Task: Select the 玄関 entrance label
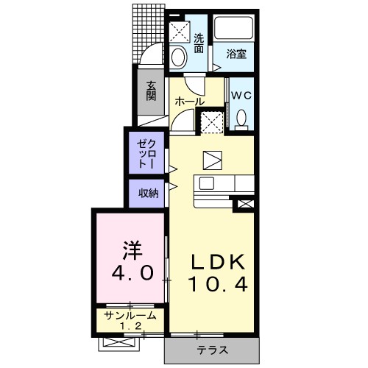tap(150, 91)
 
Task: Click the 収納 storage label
tap(149, 194)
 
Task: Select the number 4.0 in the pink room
tap(133, 274)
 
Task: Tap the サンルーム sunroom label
tap(130, 315)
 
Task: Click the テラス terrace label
tap(212, 350)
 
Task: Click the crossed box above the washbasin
tap(178, 32)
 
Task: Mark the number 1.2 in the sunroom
tap(130, 325)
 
